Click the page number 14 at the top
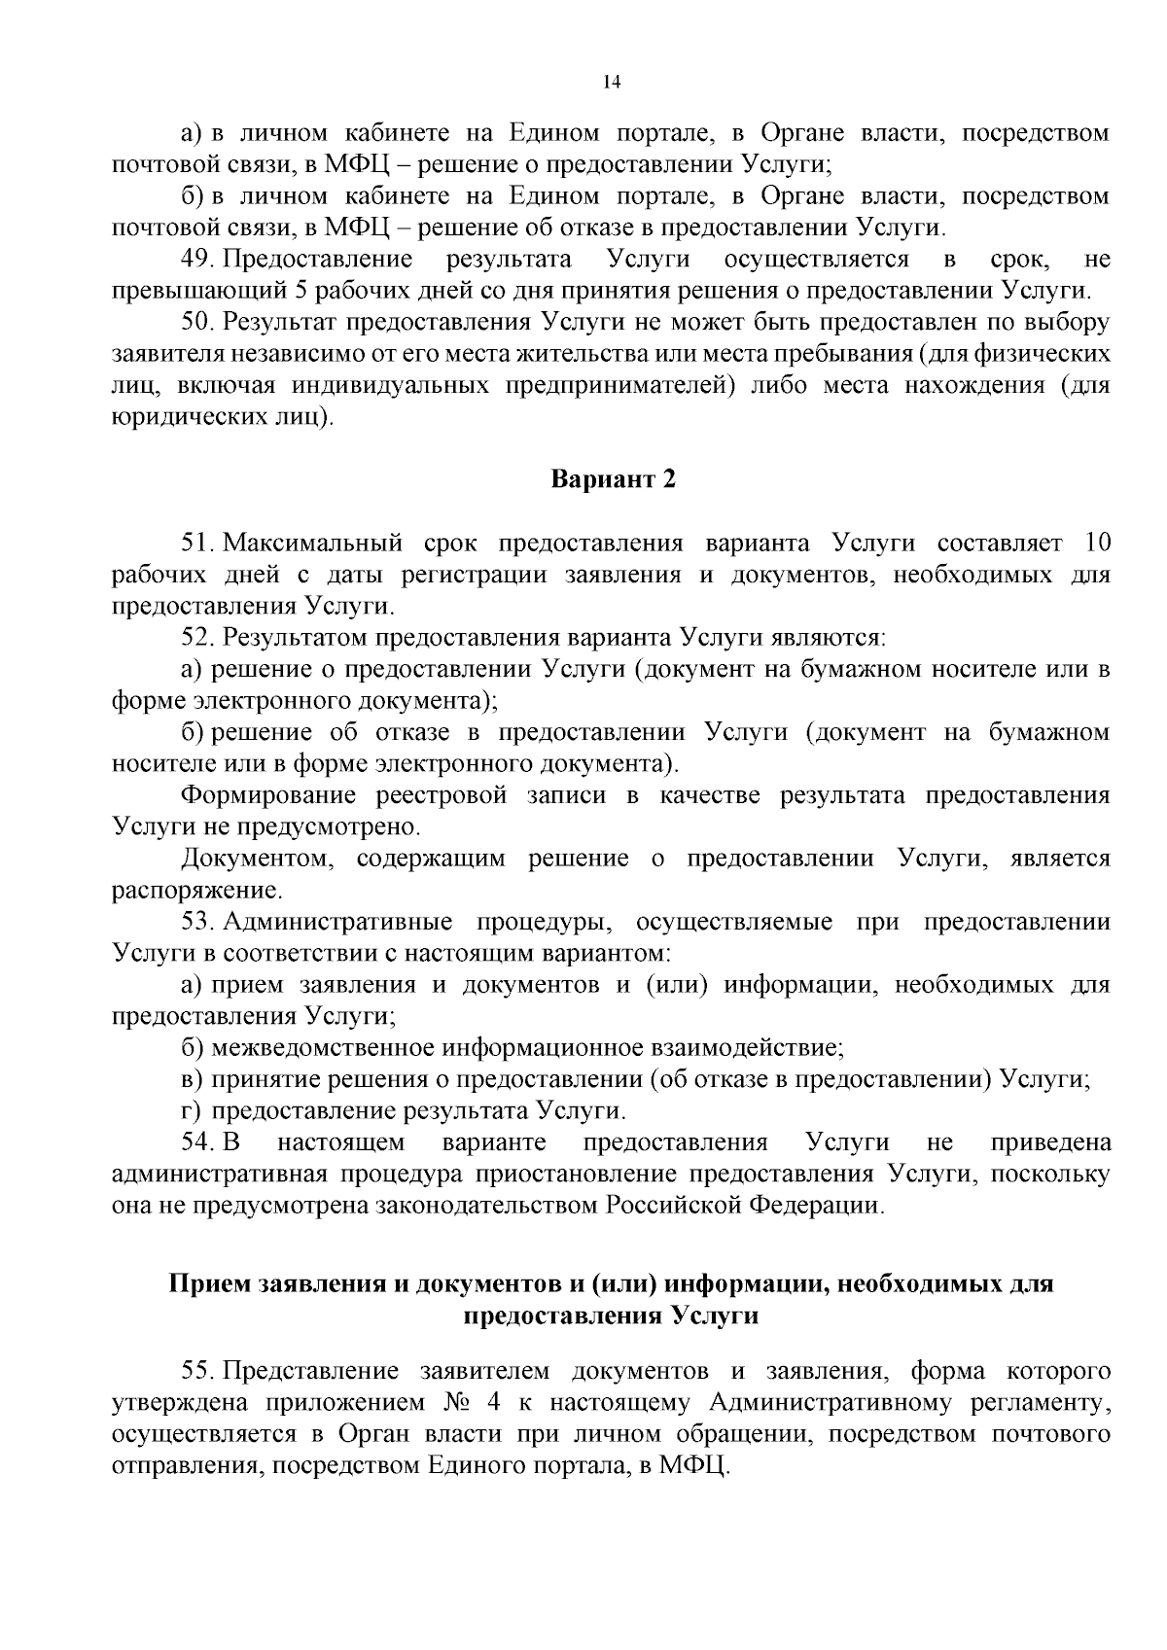pos(612,83)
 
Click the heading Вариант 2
pos(613,480)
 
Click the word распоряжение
pos(195,891)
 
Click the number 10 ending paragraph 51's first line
pos(1095,543)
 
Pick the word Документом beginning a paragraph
pos(257,860)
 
